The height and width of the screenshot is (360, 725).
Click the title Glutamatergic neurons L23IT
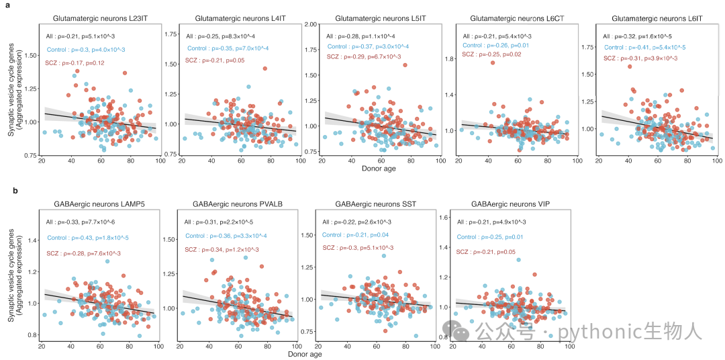coord(100,19)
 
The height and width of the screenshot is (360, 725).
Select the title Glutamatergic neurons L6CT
coord(516,19)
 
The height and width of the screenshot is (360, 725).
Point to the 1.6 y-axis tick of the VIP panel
coord(447,218)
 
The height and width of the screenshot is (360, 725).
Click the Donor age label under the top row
coord(379,168)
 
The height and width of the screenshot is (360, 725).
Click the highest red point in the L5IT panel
coord(405,65)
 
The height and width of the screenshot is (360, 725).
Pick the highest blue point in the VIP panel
coord(518,260)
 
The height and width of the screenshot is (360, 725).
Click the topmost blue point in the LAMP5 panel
coord(107,261)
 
